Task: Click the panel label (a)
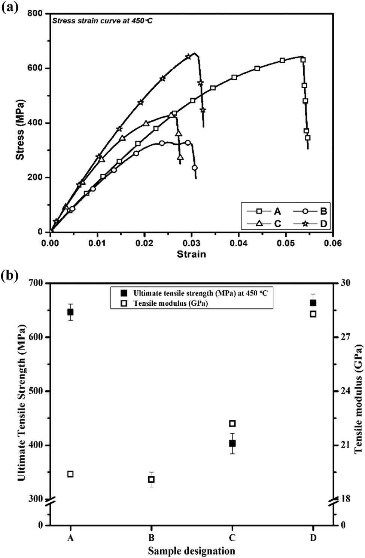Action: click(x=10, y=7)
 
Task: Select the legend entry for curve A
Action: click(x=264, y=212)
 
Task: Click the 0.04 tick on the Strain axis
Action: click(x=239, y=243)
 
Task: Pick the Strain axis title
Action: click(x=191, y=255)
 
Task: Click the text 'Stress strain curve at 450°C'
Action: click(x=102, y=21)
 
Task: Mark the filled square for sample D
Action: click(x=313, y=303)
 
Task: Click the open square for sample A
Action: click(x=70, y=474)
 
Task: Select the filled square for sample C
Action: click(x=232, y=443)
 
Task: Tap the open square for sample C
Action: click(x=232, y=423)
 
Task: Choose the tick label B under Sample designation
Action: click(x=151, y=538)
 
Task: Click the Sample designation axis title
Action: click(x=191, y=551)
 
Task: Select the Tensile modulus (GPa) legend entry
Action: click(x=170, y=303)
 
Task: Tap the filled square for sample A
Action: click(x=70, y=312)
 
